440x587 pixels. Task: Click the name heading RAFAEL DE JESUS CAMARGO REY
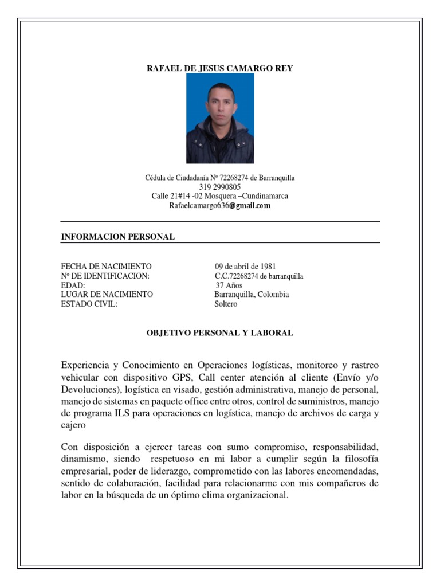pyautogui.click(x=220, y=68)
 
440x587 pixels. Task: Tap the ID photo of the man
pyautogui.click(x=220, y=118)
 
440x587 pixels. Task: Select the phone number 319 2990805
pyautogui.click(x=220, y=187)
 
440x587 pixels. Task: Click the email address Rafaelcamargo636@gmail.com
pyautogui.click(x=220, y=205)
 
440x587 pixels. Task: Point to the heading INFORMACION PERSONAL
pyautogui.click(x=118, y=237)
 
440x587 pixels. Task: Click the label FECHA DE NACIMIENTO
pyautogui.click(x=107, y=267)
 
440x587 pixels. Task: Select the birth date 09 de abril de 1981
pyautogui.click(x=246, y=267)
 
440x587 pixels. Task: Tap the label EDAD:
pyautogui.click(x=73, y=285)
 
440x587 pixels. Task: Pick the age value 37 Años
pyautogui.click(x=229, y=285)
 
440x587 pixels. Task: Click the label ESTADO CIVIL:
pyautogui.click(x=89, y=304)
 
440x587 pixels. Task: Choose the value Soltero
pyautogui.click(x=226, y=304)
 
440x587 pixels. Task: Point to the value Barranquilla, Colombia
pyautogui.click(x=252, y=295)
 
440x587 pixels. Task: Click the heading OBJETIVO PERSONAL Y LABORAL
pyautogui.click(x=220, y=333)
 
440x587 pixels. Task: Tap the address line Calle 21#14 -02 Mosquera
pyautogui.click(x=220, y=196)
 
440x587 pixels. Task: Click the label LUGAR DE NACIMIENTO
pyautogui.click(x=107, y=295)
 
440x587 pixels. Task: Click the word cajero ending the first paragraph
pyautogui.click(x=73, y=425)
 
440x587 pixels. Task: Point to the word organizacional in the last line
pyautogui.click(x=254, y=495)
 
